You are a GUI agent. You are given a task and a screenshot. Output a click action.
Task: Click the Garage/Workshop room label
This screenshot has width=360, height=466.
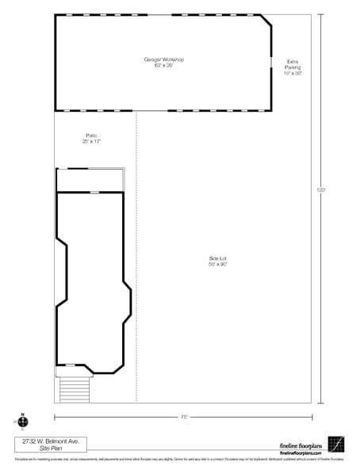coord(163,60)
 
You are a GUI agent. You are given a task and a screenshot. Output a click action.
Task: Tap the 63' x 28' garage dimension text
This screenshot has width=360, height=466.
coord(163,67)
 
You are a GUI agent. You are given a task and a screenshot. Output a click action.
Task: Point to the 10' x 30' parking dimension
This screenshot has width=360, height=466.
coord(293,74)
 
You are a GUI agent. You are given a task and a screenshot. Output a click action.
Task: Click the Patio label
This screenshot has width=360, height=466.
coord(91,136)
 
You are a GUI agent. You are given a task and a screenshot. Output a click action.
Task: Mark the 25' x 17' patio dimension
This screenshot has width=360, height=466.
coord(91,142)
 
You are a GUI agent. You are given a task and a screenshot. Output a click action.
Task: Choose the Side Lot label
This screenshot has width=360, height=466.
coord(218,258)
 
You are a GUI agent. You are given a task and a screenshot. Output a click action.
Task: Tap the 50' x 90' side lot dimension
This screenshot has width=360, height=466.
coord(218,265)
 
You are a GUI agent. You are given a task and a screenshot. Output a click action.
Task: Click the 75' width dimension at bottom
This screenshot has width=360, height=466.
coord(183,415)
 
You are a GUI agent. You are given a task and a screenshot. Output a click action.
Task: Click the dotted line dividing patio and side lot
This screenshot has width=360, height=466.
coord(136,238)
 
